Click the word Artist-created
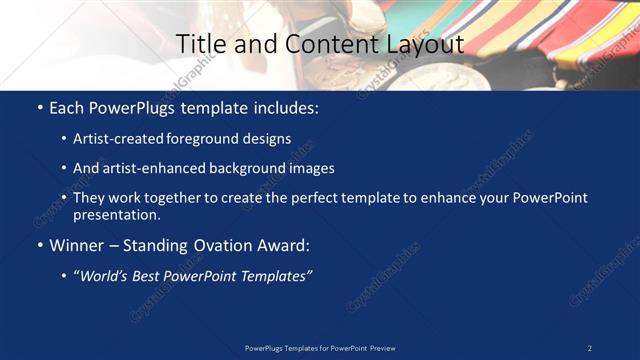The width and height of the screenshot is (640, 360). tap(118, 139)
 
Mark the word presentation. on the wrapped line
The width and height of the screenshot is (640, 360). tap(116, 214)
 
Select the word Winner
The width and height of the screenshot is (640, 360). tap(77, 245)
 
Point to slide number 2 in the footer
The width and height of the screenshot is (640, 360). tap(590, 348)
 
